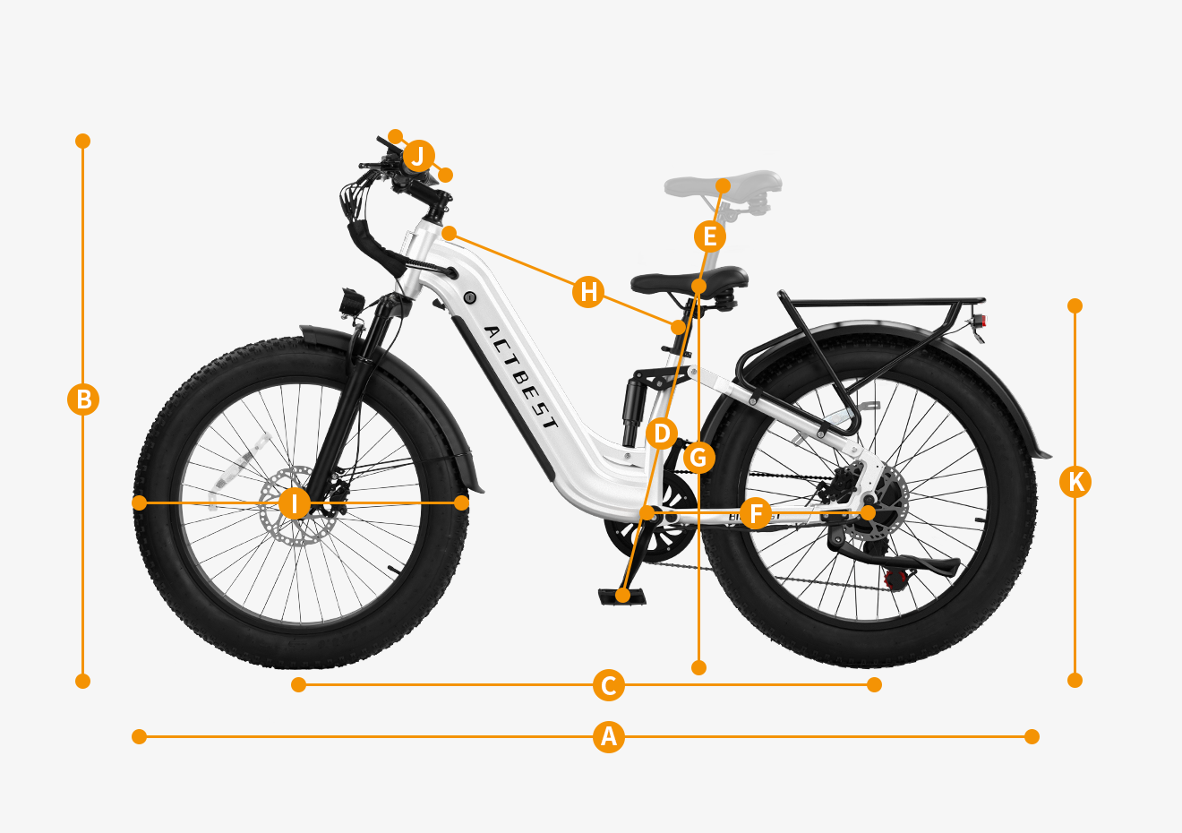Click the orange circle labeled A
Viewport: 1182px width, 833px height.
[608, 736]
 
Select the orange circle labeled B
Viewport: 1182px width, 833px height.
[83, 399]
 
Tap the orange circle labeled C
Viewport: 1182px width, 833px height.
[608, 685]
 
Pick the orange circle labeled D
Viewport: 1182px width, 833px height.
[662, 434]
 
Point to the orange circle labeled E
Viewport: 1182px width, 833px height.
[710, 236]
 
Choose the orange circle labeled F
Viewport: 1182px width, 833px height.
[756, 512]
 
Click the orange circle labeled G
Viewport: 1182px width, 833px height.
[699, 457]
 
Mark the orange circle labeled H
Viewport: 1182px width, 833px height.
[588, 291]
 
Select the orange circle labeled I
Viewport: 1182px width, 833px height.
[295, 503]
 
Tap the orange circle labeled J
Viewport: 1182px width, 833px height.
[419, 156]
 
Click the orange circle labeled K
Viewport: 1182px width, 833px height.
[1075, 481]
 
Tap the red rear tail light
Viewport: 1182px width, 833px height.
[982, 321]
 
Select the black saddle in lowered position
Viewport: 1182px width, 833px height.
[689, 282]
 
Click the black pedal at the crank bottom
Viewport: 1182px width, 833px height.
[622, 597]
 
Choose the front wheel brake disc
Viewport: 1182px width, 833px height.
[287, 506]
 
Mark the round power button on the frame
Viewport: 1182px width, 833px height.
[469, 297]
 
